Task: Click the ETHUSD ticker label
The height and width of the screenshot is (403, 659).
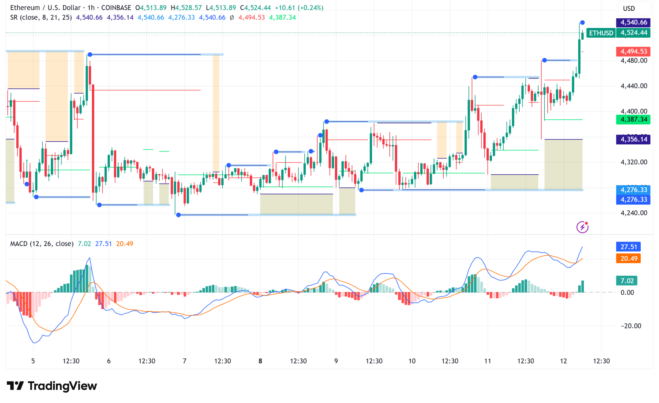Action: pos(601,33)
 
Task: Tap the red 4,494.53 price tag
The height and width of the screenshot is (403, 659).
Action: pos(633,51)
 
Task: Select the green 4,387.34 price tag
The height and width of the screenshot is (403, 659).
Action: pos(633,119)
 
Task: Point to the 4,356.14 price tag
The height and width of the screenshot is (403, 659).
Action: pos(633,139)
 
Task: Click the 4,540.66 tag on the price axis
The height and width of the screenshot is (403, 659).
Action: pos(633,22)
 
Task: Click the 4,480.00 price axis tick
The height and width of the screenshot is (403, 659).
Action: pos(634,60)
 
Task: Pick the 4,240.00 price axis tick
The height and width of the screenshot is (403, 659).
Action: pos(634,213)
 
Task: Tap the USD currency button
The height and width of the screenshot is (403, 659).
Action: pos(629,8)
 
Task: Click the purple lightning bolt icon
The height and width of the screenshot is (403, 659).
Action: pos(582,227)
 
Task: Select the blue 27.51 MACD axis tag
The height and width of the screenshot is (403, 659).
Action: pos(628,247)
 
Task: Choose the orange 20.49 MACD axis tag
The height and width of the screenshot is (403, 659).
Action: pos(628,258)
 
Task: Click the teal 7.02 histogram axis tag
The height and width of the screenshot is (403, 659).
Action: pos(627,280)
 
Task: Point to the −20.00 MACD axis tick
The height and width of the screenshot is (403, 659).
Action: pos(631,326)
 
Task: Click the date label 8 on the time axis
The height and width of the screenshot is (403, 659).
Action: pos(260,361)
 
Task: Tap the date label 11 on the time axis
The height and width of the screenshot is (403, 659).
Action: pos(487,361)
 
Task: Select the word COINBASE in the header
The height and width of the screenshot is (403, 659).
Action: pos(116,8)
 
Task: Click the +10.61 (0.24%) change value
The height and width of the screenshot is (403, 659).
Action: pos(299,8)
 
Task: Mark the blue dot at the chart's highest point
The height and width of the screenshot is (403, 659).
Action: pos(582,23)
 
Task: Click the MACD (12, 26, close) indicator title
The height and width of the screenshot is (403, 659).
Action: pos(42,244)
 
